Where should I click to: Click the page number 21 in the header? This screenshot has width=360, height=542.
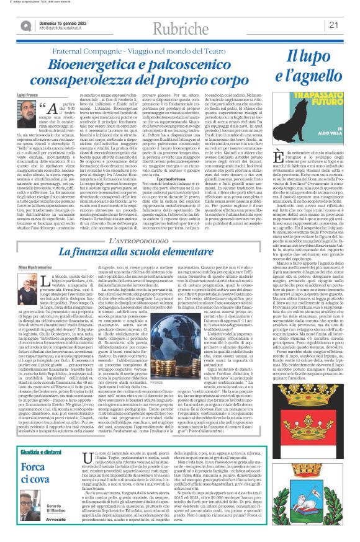[350, 25]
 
